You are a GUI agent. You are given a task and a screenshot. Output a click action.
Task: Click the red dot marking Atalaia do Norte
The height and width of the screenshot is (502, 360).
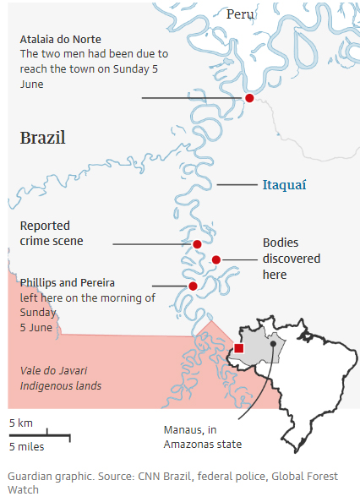click(x=249, y=98)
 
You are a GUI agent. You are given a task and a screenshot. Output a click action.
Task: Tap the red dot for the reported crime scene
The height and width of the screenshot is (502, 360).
click(x=197, y=244)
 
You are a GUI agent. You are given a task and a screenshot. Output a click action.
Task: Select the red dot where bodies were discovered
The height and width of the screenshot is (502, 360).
click(x=216, y=259)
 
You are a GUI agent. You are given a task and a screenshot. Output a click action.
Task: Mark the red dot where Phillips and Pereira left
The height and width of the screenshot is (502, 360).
click(x=193, y=286)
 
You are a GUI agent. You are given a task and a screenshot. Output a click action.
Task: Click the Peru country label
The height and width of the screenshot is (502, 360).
click(x=240, y=14)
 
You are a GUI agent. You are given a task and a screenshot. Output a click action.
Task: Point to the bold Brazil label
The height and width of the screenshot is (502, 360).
click(x=42, y=138)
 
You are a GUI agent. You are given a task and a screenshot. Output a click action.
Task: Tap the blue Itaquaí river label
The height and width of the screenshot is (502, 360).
click(x=284, y=184)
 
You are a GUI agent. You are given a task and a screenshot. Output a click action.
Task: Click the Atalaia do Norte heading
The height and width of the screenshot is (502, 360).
click(x=60, y=39)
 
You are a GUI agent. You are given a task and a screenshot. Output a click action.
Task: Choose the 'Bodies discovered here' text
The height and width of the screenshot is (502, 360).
click(x=291, y=258)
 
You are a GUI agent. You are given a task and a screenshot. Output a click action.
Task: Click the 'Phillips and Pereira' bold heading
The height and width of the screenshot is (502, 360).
click(x=67, y=281)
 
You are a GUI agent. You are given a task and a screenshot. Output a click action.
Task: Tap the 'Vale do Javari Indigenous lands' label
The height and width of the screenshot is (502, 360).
click(x=60, y=377)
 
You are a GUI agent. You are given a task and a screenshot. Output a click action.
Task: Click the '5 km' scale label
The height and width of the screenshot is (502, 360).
click(x=21, y=423)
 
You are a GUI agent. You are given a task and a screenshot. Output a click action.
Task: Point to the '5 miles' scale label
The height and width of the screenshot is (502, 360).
click(x=26, y=446)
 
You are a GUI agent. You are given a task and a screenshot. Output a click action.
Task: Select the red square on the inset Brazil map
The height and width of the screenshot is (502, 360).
click(x=239, y=348)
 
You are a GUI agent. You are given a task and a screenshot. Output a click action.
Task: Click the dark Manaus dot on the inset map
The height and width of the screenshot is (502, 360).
click(x=273, y=344)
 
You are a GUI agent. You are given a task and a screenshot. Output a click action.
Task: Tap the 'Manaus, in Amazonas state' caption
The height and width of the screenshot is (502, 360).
click(x=201, y=436)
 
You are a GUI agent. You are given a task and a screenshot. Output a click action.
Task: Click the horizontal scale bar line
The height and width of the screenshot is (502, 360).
click(x=39, y=435)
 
